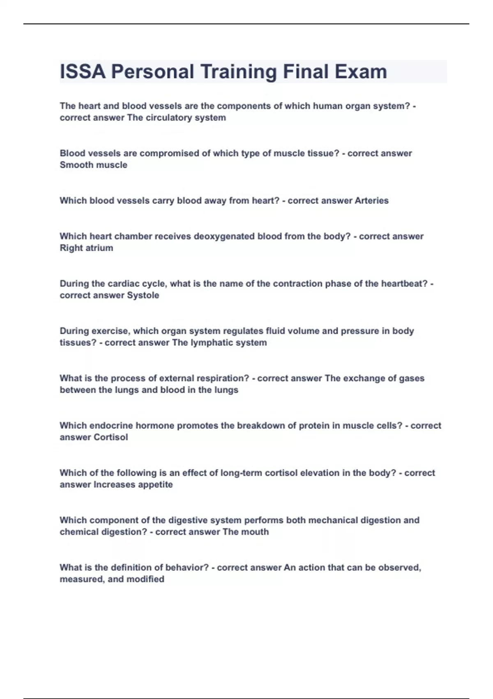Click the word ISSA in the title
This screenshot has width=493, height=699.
83,72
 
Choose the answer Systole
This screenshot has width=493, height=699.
143,295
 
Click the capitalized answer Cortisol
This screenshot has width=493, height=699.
111,437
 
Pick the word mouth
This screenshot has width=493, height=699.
254,532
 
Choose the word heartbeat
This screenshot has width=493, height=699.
404,284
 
